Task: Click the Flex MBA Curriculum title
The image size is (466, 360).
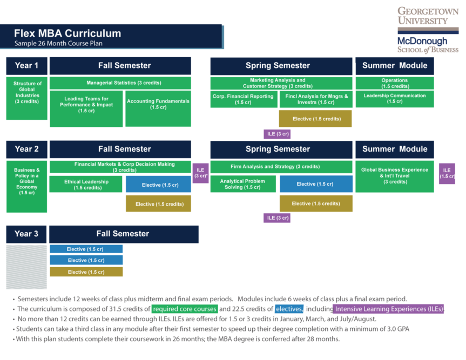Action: (x=67, y=33)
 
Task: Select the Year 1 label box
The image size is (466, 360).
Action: (x=26, y=66)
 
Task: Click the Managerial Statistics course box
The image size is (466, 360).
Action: (x=120, y=83)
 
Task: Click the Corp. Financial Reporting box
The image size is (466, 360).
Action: (x=243, y=99)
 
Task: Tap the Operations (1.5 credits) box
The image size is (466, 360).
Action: (x=394, y=83)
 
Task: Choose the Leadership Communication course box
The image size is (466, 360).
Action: (x=394, y=99)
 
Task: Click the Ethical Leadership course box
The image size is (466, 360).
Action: (x=86, y=185)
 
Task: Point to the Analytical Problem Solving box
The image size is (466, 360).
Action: (x=243, y=185)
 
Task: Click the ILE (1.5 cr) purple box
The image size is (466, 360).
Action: (x=447, y=173)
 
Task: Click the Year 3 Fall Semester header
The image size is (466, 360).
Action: (x=123, y=234)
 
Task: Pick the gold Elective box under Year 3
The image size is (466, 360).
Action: (x=86, y=272)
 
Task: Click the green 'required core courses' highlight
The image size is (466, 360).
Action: (x=184, y=309)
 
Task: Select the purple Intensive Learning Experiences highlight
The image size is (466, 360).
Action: (x=388, y=309)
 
